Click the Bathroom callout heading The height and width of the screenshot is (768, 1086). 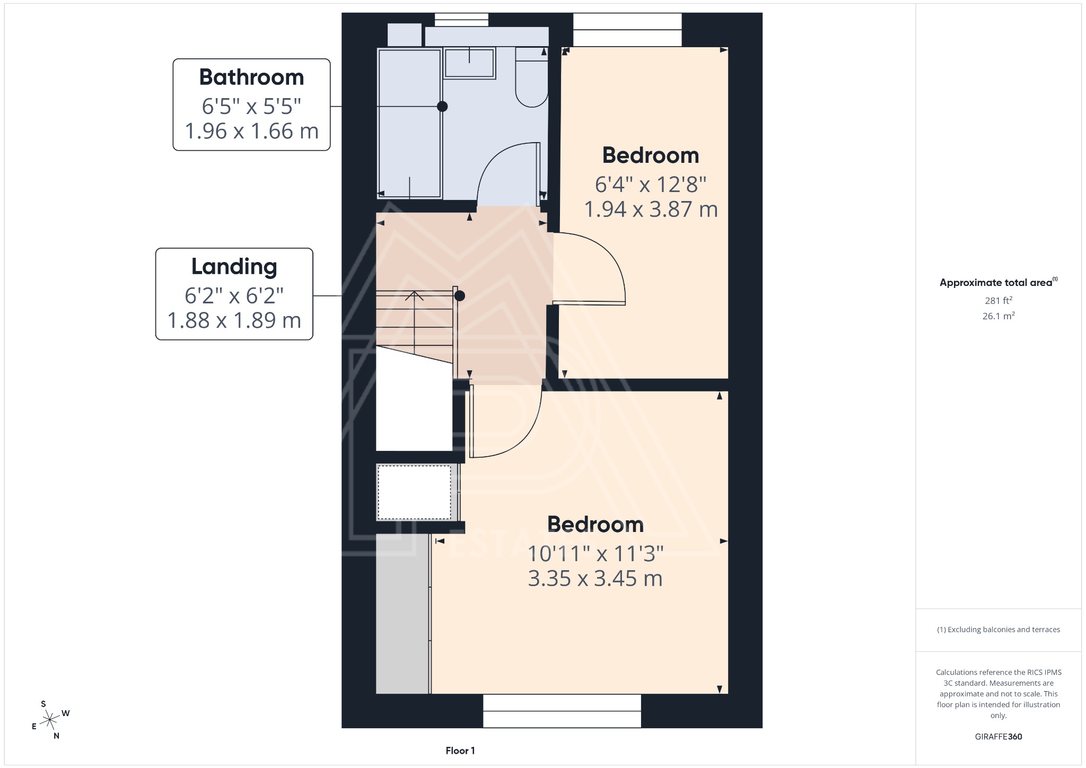click(x=251, y=77)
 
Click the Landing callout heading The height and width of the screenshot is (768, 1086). click(x=234, y=267)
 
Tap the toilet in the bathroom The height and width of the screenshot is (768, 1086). click(x=531, y=80)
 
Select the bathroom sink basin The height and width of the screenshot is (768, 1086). click(x=469, y=63)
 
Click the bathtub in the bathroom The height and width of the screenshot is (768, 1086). click(x=409, y=123)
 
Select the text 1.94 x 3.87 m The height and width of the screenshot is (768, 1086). click(x=651, y=210)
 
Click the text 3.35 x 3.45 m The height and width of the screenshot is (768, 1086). click(x=595, y=579)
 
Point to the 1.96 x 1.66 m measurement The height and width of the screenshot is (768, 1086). click(x=251, y=131)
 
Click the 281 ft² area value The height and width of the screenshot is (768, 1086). click(x=998, y=301)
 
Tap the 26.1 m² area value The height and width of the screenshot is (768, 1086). click(x=998, y=316)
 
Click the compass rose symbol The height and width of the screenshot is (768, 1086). click(x=50, y=720)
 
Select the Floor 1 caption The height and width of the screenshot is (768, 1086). click(x=460, y=750)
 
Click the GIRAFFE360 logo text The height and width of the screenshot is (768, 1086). click(x=998, y=737)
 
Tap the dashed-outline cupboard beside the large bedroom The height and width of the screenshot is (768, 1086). click(x=414, y=492)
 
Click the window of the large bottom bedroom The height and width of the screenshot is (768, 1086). click(x=562, y=711)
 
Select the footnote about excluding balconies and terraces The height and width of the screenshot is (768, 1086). click(x=998, y=630)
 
